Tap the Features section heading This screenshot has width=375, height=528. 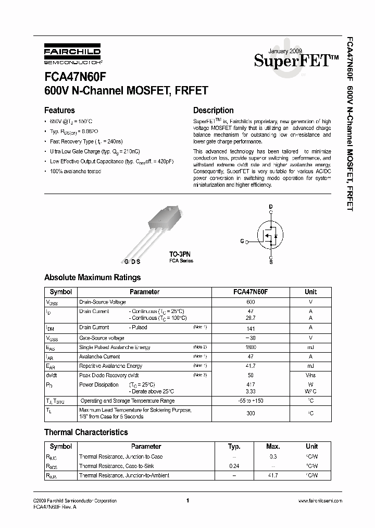point(59,110)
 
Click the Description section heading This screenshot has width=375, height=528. point(213,110)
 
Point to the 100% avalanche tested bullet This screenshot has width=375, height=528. point(75,171)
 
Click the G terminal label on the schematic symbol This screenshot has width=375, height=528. point(242,242)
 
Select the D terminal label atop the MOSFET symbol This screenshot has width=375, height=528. point(270,207)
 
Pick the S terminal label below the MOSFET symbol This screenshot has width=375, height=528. point(270,262)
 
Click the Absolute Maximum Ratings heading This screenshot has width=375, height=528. point(92,278)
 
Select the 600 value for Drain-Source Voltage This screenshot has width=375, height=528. point(251,302)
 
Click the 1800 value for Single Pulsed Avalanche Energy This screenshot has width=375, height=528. point(251,347)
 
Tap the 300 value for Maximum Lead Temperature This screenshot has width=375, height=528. point(251,413)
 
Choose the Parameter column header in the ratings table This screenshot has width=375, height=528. point(144,292)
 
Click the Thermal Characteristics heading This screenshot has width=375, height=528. point(86,432)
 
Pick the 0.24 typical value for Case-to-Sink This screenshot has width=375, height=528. point(234,466)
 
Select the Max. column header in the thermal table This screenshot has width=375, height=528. point(273,447)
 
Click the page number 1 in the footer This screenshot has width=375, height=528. point(187,501)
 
